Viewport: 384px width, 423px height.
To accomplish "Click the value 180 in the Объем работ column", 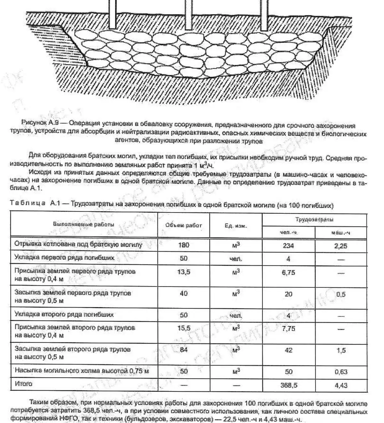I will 183,245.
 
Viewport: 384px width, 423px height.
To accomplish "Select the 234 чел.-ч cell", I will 288,246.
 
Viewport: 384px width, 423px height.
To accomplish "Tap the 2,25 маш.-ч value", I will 341,246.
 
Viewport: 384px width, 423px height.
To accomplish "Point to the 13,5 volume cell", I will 183,272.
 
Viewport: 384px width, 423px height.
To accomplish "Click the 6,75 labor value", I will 288,273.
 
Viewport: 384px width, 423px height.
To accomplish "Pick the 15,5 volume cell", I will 183,328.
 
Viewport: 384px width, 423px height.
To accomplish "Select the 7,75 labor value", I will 288,329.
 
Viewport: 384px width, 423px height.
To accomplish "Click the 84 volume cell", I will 183,350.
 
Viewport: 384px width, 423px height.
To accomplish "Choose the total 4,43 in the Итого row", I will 341,386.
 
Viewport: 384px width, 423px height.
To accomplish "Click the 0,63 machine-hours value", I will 341,372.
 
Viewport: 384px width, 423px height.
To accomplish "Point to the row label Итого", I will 24,384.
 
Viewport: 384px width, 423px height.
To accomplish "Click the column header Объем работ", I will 183,225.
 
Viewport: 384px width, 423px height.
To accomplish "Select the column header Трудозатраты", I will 314,220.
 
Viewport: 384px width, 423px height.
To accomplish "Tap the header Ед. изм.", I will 236,226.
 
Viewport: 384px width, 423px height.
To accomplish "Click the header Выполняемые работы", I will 84,225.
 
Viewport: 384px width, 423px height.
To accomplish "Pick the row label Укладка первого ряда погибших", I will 64,258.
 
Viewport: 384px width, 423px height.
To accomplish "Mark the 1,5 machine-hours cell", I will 341,351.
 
